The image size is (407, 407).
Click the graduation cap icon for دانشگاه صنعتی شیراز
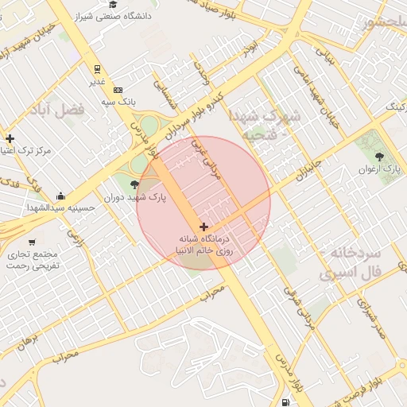click(113, 5)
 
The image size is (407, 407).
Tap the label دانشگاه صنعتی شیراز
click(113, 16)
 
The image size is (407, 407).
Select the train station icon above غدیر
click(97, 69)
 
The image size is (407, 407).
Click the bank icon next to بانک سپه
click(118, 90)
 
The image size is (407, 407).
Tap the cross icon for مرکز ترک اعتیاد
click(10, 138)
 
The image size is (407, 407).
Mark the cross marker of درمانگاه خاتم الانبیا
click(203, 227)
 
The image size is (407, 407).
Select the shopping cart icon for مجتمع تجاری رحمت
click(32, 242)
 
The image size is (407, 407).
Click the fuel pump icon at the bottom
click(285, 401)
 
